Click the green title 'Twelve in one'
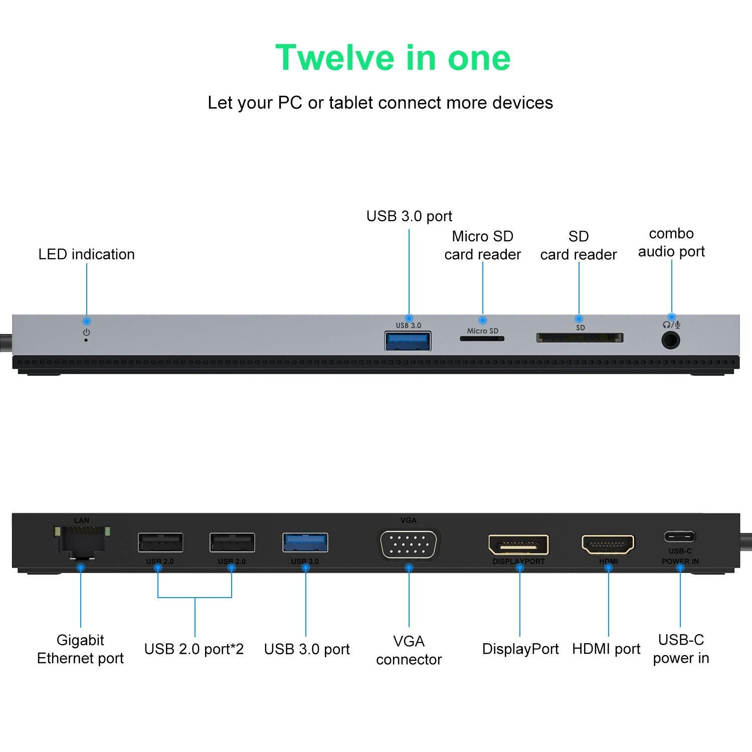(x=393, y=58)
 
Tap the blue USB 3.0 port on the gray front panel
(x=408, y=340)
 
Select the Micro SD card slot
(x=482, y=338)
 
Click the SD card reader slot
(x=580, y=337)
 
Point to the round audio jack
(x=671, y=340)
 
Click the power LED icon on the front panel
(x=87, y=332)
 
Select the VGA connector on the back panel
(x=409, y=543)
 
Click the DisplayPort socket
(x=518, y=544)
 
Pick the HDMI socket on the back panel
(x=608, y=544)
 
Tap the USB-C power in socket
(x=680, y=536)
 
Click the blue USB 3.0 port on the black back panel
(x=305, y=542)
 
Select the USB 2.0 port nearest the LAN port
(x=160, y=542)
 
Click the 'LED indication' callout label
(x=87, y=254)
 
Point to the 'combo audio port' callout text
(x=671, y=243)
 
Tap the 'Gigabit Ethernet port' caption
(x=80, y=649)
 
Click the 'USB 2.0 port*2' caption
(x=194, y=649)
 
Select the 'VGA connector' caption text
(x=409, y=650)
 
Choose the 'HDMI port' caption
(x=606, y=649)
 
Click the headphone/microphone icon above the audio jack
(x=671, y=324)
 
